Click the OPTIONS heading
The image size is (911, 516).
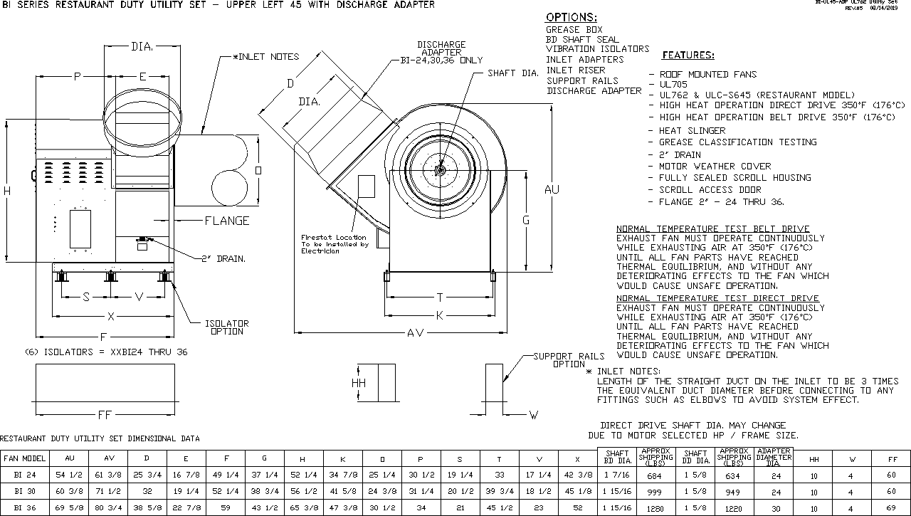pyautogui.click(x=572, y=17)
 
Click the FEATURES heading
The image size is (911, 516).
pyautogui.click(x=688, y=55)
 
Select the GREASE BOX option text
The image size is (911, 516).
pyautogui.click(x=574, y=30)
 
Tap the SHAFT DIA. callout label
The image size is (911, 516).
pyautogui.click(x=512, y=73)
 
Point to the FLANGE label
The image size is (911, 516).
pyautogui.click(x=227, y=221)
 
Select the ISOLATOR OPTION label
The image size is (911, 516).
pyautogui.click(x=227, y=327)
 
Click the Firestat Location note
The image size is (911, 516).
pyautogui.click(x=334, y=244)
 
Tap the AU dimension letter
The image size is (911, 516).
pyautogui.click(x=552, y=189)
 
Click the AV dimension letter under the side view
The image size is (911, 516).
pyautogui.click(x=416, y=333)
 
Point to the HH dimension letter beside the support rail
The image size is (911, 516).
pyautogui.click(x=359, y=383)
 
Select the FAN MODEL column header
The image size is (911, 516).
pyautogui.click(x=24, y=459)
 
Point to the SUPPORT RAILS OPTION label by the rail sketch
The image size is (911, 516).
pyautogui.click(x=569, y=360)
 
